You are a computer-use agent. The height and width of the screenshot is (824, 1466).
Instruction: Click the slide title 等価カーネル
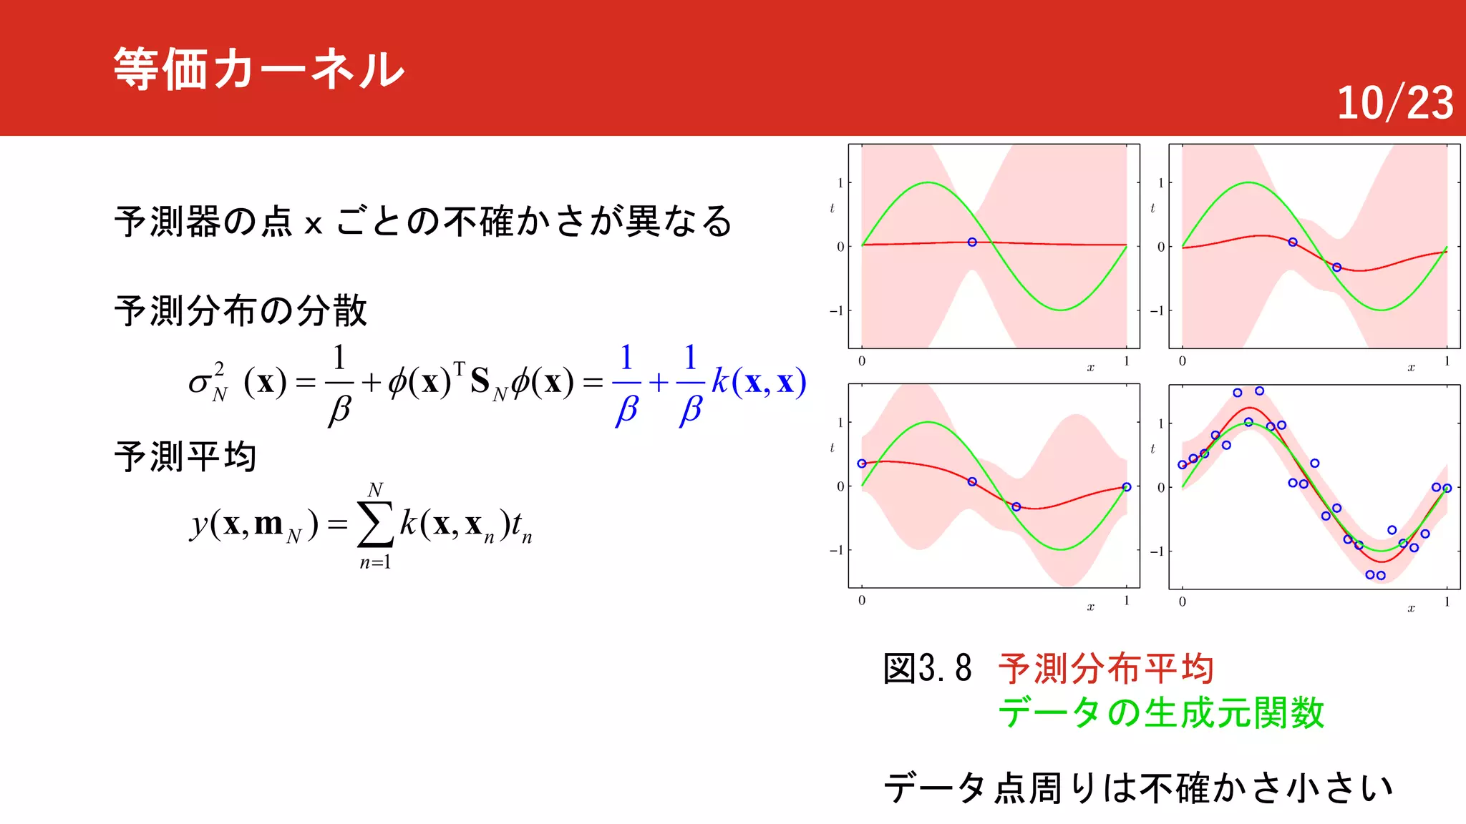tap(259, 69)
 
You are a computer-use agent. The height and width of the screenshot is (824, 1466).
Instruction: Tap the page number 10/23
tap(1394, 103)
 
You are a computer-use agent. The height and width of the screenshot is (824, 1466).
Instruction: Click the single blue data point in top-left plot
tap(972, 242)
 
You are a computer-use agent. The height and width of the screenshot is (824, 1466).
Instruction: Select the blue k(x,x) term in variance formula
tap(759, 381)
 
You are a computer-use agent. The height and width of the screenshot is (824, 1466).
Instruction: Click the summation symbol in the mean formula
tap(375, 524)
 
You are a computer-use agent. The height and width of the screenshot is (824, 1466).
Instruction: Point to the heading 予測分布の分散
tap(241, 310)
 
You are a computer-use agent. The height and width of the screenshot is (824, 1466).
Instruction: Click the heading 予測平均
tap(185, 456)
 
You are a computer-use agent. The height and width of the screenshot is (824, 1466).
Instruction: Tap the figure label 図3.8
tap(927, 669)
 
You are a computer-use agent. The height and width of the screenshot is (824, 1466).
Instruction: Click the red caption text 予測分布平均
tap(1106, 669)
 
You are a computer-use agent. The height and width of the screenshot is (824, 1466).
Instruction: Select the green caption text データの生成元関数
tap(1161, 713)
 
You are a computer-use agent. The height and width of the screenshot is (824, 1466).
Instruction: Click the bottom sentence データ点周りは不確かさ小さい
tap(1138, 788)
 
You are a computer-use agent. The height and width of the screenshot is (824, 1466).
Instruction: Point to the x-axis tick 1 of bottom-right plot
tap(1447, 602)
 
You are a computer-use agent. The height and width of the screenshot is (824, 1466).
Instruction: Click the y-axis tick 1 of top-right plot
tap(1160, 182)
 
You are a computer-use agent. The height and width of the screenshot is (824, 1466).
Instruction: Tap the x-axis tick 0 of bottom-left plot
tap(862, 600)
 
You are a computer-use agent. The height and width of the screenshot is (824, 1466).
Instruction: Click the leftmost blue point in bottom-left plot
tap(862, 463)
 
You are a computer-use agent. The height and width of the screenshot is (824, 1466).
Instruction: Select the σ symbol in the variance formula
tap(199, 383)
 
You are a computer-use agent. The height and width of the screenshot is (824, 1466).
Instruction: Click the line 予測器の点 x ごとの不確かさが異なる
tap(422, 221)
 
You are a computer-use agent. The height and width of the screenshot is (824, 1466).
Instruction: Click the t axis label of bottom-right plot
tap(1152, 448)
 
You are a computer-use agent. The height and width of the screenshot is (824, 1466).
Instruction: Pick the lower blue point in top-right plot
tap(1336, 268)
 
